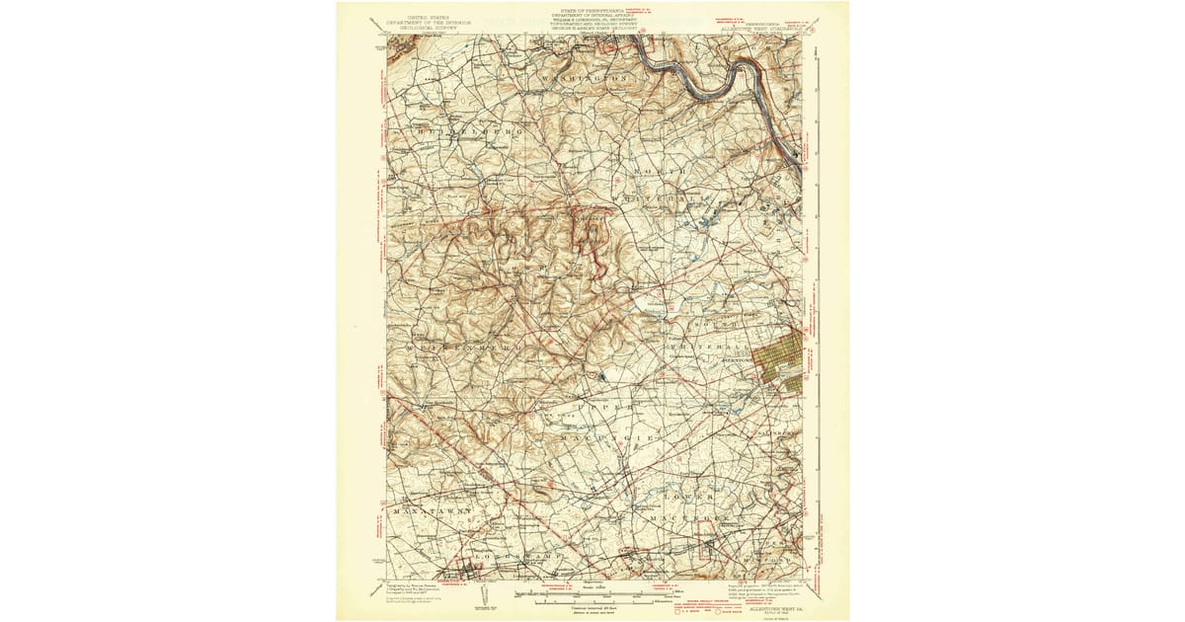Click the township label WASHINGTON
584,75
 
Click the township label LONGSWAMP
513,559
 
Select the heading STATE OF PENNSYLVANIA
594,9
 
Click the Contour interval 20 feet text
592,607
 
